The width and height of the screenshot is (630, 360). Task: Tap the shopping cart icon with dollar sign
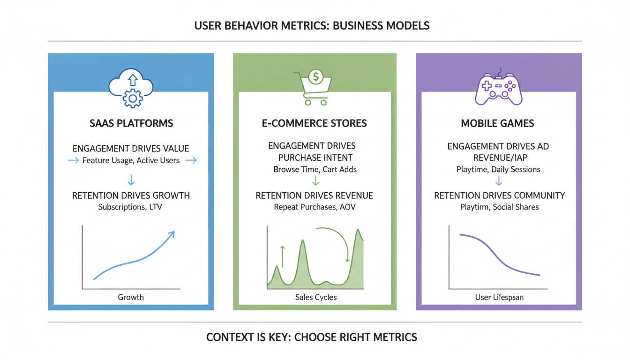click(313, 86)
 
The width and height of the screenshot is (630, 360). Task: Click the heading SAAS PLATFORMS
click(131, 124)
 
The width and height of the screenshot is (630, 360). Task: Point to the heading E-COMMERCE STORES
click(315, 124)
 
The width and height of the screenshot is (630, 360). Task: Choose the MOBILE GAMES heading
click(497, 124)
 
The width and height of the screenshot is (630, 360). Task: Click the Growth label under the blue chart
click(131, 297)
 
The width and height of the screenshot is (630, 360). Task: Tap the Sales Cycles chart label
click(315, 297)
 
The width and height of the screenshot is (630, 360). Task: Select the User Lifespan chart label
click(499, 297)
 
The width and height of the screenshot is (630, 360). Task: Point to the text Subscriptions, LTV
click(130, 207)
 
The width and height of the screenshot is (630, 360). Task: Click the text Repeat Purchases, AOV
click(315, 207)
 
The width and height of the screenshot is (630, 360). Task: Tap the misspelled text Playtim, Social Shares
click(499, 207)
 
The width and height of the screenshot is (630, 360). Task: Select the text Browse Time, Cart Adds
click(315, 169)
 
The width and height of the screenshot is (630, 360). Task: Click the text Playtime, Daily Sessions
click(498, 169)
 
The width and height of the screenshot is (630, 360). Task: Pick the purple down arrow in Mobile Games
click(499, 181)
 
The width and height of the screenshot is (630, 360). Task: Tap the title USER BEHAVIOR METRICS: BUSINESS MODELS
click(312, 25)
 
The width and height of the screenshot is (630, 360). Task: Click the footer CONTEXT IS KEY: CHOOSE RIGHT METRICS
click(312, 337)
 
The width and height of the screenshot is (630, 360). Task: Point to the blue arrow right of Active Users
click(191, 161)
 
